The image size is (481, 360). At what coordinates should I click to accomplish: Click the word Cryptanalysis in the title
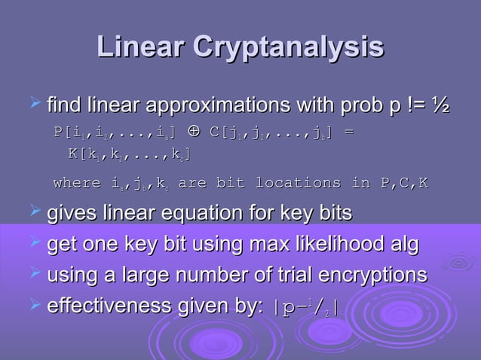click(289, 48)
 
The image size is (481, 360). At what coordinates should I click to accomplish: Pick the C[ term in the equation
click(219, 133)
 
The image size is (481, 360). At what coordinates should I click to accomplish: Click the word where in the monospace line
click(77, 183)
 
